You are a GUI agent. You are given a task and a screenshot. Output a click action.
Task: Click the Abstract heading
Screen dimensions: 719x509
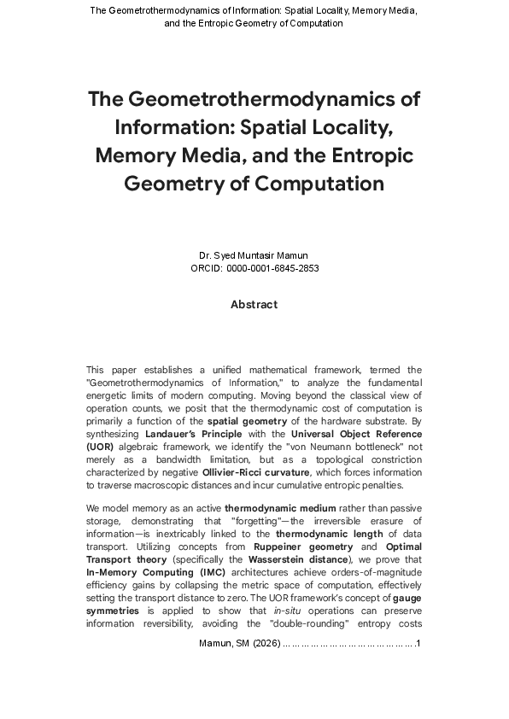pos(254,305)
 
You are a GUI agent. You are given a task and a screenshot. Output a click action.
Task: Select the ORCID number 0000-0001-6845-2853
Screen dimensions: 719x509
pos(272,268)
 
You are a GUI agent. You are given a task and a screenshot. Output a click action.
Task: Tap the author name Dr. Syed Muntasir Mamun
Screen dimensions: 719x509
pos(254,255)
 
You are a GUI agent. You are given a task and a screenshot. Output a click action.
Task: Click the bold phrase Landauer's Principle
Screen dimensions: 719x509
pos(194,434)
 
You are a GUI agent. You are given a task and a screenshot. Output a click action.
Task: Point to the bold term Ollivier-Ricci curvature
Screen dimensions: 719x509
pos(256,472)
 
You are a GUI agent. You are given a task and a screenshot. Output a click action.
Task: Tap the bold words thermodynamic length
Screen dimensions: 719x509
pos(324,534)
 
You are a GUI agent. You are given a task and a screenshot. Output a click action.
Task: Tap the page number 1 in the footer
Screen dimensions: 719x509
pos(416,643)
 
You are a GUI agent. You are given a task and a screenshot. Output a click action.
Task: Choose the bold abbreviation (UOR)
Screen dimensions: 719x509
pos(99,447)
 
